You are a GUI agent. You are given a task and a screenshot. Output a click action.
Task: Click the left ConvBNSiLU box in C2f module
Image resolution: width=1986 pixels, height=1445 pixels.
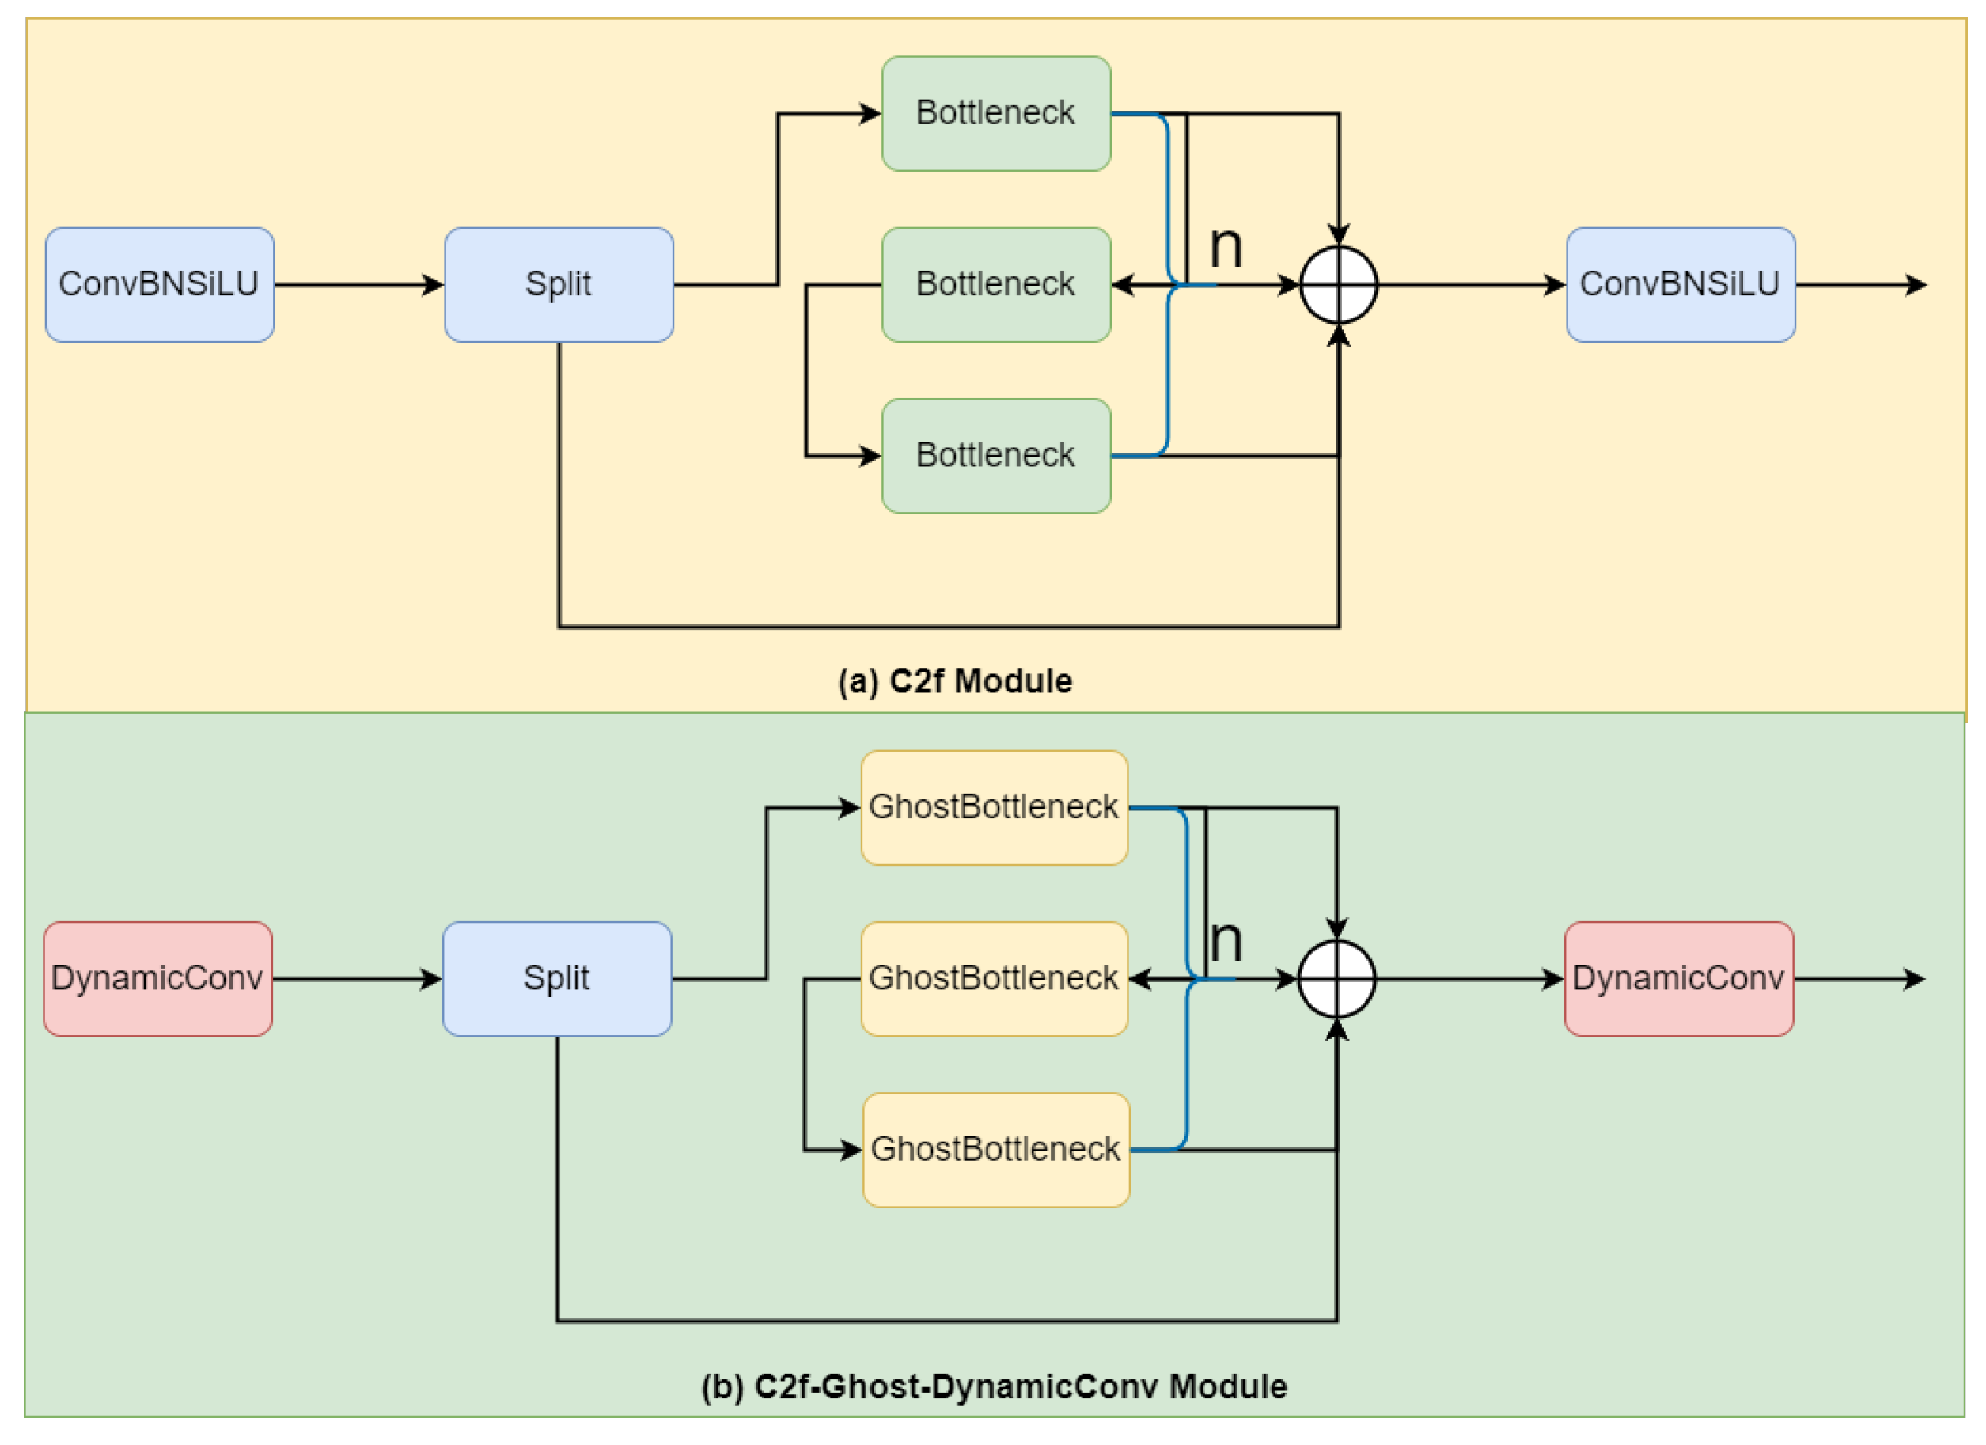tap(159, 285)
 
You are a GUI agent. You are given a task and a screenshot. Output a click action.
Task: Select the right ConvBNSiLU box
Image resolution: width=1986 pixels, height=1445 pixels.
tap(1680, 285)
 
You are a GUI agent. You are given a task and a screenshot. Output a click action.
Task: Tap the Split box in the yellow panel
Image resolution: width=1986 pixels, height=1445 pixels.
tap(559, 285)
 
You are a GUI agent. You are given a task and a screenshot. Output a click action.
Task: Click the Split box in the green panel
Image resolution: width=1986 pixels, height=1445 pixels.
tap(557, 978)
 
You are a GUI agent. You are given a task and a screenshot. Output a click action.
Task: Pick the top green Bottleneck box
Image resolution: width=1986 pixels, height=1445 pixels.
tap(995, 114)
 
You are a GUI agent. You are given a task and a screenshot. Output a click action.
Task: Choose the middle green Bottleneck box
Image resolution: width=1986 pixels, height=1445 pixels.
tap(995, 285)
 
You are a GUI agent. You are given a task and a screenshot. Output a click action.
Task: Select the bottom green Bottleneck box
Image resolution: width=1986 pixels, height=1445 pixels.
tap(995, 455)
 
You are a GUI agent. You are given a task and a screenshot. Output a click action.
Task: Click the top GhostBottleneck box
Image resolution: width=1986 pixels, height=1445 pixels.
tap(994, 807)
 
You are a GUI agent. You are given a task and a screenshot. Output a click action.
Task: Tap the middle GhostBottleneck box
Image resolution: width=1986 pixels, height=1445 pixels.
tap(994, 978)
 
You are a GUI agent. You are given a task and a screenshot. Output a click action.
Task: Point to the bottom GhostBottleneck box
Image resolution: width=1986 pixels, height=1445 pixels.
tap(995, 1150)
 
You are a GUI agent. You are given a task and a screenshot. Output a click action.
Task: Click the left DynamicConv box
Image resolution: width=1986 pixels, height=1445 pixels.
tap(157, 978)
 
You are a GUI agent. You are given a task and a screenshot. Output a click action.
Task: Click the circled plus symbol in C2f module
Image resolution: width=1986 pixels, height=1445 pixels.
tap(1338, 285)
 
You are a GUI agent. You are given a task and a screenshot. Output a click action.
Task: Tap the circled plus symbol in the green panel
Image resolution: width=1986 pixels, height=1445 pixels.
tap(1336, 978)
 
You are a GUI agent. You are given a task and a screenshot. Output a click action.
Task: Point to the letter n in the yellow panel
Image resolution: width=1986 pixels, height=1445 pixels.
tap(1226, 248)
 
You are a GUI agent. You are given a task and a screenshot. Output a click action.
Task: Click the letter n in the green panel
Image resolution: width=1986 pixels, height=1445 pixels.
tap(1226, 942)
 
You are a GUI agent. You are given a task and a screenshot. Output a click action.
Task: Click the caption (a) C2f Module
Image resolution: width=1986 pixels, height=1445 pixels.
tap(954, 681)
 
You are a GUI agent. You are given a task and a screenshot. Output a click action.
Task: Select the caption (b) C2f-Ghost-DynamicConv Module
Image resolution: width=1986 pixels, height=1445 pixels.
tap(994, 1386)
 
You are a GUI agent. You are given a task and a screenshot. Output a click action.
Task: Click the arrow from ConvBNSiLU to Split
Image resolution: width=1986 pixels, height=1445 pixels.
tap(359, 285)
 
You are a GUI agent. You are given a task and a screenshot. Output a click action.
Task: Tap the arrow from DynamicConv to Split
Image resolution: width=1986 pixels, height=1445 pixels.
tap(358, 978)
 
